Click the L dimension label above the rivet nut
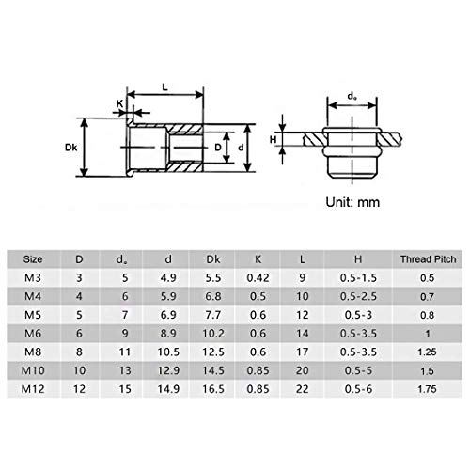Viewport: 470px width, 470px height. pos(165,86)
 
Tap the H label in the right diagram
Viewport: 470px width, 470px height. pos(274,139)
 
